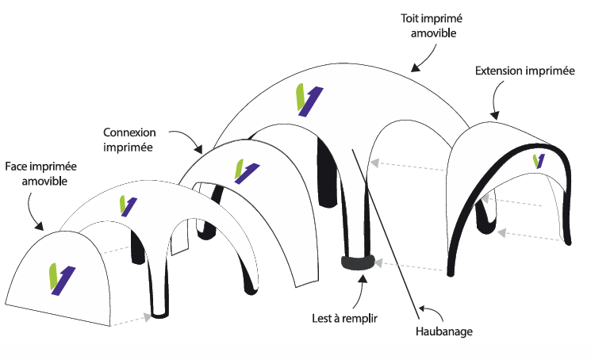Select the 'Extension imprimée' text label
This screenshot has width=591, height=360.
click(524, 71)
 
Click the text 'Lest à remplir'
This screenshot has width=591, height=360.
click(344, 319)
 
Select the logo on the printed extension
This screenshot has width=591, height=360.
click(539, 161)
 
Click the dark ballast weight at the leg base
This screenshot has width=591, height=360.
click(357, 263)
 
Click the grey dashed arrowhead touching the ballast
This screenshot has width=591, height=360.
click(379, 261)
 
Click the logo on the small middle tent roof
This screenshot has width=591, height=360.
click(124, 205)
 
